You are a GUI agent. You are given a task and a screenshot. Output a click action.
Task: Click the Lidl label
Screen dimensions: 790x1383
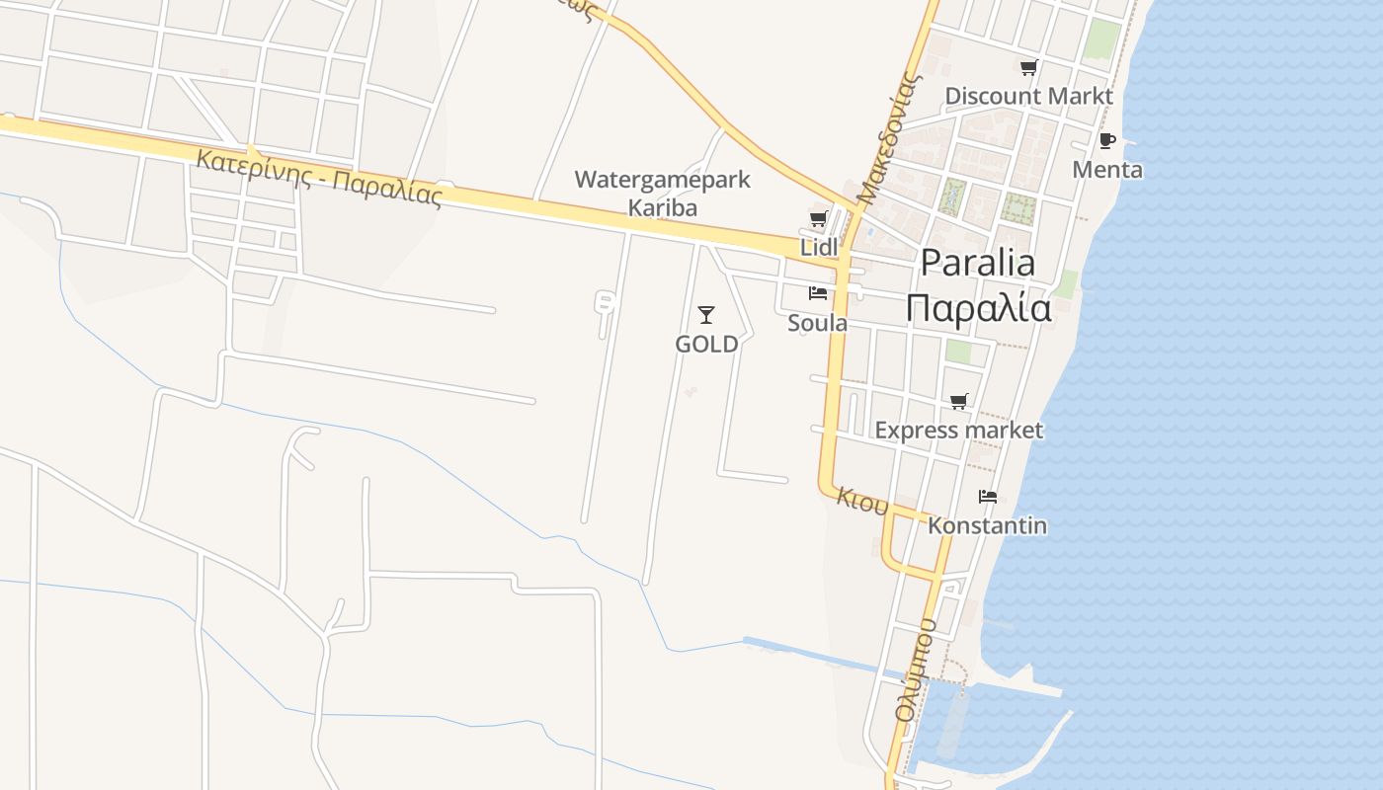pyautogui.click(x=819, y=247)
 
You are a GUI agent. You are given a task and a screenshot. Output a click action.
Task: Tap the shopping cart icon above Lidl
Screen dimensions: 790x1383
pyautogui.click(x=818, y=219)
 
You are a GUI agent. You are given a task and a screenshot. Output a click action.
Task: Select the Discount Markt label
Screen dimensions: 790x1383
pyautogui.click(x=1028, y=96)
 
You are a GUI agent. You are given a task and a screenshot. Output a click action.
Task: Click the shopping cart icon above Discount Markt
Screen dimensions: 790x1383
pyautogui.click(x=1028, y=68)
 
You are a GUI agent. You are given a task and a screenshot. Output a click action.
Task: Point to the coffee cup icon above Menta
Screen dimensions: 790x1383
pyautogui.click(x=1106, y=141)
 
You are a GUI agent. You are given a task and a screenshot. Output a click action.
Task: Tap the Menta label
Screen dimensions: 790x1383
pyautogui.click(x=1107, y=169)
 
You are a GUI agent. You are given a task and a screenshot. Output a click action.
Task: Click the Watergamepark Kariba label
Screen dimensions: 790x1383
pyautogui.click(x=663, y=194)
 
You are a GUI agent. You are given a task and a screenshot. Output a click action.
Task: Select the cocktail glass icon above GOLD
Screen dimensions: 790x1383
pyautogui.click(x=705, y=315)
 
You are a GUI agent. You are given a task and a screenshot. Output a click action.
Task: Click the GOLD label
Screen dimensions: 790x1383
pyautogui.click(x=706, y=344)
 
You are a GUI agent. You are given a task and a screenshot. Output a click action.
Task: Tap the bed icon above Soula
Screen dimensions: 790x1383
pyautogui.click(x=817, y=293)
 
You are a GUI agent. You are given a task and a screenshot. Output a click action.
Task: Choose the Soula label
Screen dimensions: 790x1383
pyautogui.click(x=817, y=323)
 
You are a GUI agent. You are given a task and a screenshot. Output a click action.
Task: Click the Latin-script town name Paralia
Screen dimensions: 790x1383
pyautogui.click(x=978, y=263)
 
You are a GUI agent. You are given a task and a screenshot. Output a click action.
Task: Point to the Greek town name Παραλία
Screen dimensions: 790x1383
pyautogui.click(x=978, y=309)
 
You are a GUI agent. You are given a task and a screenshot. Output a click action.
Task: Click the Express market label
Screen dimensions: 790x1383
pyautogui.click(x=958, y=430)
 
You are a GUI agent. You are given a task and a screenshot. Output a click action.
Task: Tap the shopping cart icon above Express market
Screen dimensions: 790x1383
pyautogui.click(x=958, y=401)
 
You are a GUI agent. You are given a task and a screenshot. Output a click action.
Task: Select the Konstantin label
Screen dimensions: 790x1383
pyautogui.click(x=987, y=524)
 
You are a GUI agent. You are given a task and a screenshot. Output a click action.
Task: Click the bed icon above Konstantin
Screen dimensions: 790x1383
pyautogui.click(x=987, y=496)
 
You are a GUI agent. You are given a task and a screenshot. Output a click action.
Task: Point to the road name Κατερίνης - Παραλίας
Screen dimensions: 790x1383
pyautogui.click(x=319, y=177)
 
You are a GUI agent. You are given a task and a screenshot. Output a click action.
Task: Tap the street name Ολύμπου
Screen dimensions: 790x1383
pyautogui.click(x=915, y=671)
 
